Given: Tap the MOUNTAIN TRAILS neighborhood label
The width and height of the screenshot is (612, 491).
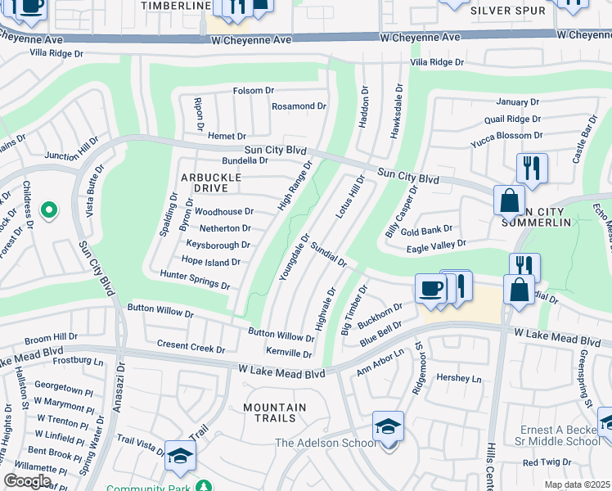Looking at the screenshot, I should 274,412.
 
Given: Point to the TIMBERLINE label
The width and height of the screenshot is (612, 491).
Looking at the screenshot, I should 176,6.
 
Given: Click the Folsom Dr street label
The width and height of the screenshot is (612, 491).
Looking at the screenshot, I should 253,91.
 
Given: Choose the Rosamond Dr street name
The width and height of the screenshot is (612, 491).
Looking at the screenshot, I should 299,106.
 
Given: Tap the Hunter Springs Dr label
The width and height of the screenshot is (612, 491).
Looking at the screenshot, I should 195,280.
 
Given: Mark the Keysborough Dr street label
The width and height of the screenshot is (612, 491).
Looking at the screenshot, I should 218,245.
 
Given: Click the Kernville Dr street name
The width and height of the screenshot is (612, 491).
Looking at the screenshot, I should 289,353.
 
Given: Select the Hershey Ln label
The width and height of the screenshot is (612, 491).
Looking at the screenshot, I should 459,379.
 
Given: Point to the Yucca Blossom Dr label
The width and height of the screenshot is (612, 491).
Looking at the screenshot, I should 506,135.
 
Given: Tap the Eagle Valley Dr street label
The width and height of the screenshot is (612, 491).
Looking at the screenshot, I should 437,244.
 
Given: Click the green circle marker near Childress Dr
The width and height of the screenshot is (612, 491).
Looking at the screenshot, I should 49,210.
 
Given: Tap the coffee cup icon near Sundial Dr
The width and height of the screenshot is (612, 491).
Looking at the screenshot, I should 430,289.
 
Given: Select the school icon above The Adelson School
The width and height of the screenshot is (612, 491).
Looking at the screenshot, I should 388,426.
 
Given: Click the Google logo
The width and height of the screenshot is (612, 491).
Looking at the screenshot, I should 27,480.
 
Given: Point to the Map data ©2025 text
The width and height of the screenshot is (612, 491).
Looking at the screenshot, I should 577,484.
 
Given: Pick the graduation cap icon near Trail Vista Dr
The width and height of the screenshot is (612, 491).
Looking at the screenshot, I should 180,457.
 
